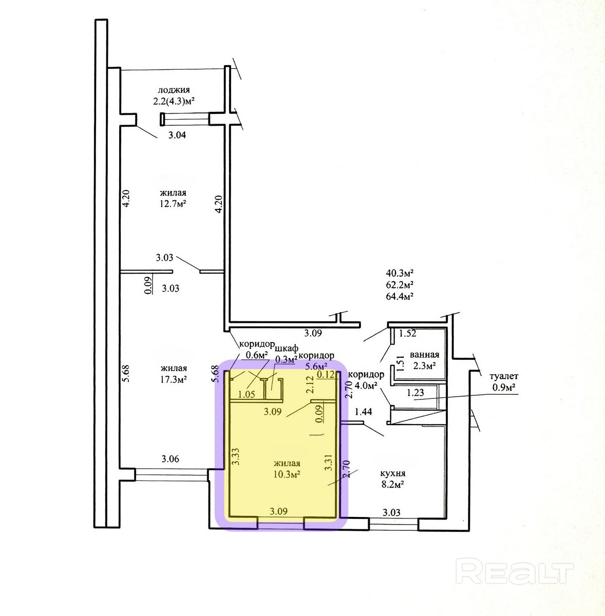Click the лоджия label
coord(174,90)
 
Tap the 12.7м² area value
coord(173,204)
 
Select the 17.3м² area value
coord(174,379)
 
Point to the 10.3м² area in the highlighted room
coord(287,474)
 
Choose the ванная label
coord(424,355)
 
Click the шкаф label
coord(287,349)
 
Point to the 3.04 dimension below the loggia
coord(177,135)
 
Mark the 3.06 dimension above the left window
coord(170,459)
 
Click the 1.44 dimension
coord(364,412)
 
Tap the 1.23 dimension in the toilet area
coord(415,393)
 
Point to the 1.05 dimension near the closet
coord(247,394)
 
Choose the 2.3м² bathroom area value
coord(424,365)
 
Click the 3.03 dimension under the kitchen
coord(391,513)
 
